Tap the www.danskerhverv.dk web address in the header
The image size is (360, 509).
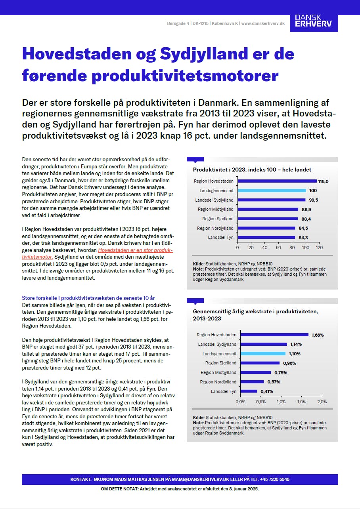tap(263, 23)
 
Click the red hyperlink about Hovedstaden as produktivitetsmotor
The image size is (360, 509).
tap(135, 254)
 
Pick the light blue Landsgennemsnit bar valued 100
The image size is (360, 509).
tap(272, 191)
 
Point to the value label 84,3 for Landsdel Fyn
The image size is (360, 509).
tap(303, 238)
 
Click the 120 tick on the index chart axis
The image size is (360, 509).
tap(319, 248)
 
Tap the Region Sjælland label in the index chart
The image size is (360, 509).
tap(218, 219)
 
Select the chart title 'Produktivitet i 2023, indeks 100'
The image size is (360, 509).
tap(252, 170)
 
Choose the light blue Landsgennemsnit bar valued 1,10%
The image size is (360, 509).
tap(263, 354)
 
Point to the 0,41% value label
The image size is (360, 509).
tap(267, 391)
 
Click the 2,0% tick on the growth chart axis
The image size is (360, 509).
tap(322, 401)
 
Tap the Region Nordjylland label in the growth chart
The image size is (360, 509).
tap(218, 382)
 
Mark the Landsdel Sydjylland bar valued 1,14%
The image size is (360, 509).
tap(264, 344)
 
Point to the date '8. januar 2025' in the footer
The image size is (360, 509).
tap(241, 489)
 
